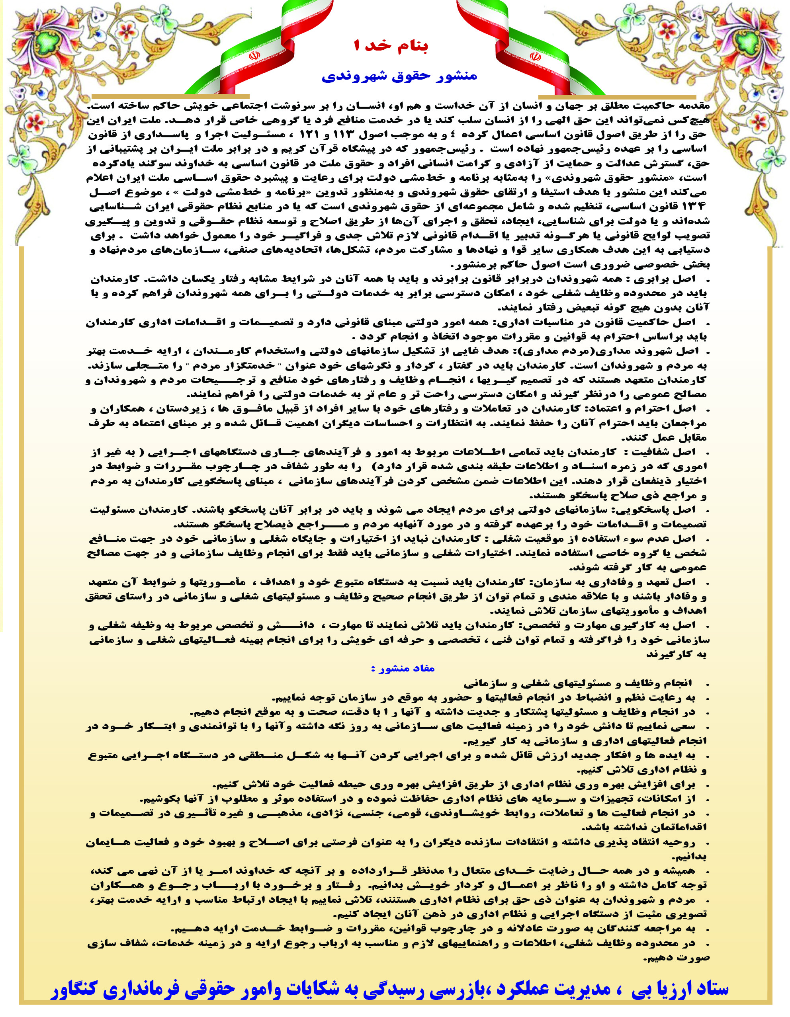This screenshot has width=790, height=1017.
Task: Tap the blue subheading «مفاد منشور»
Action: pyautogui.click(x=403, y=669)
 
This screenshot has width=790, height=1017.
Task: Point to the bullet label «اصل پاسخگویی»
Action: pyautogui.click(x=661, y=510)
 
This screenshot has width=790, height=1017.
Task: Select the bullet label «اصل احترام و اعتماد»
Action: pyautogui.click(x=642, y=409)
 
